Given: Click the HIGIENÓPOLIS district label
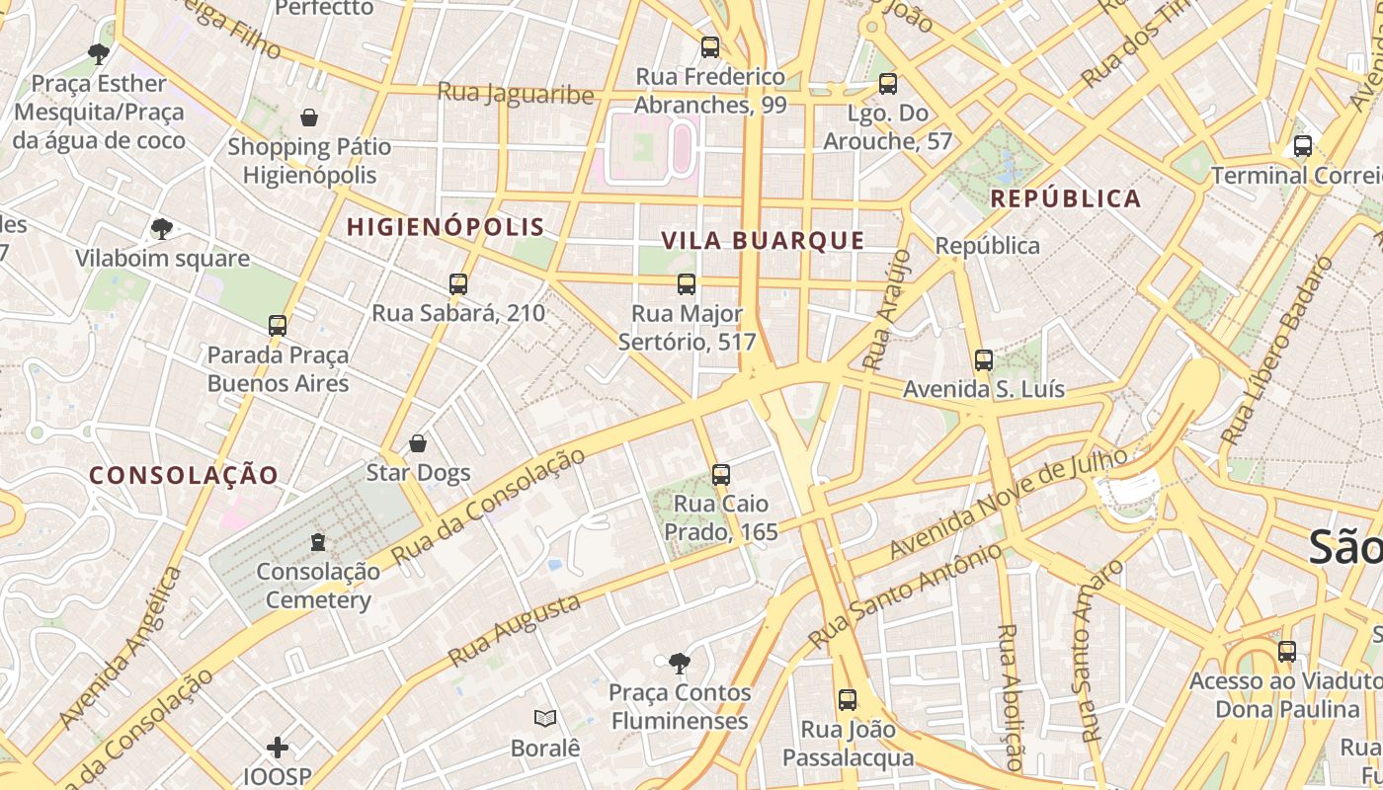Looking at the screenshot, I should (x=445, y=226).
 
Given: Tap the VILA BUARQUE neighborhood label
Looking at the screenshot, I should (x=763, y=241).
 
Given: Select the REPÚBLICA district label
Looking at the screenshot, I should (x=1065, y=198).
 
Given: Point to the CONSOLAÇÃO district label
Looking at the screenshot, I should (x=184, y=475).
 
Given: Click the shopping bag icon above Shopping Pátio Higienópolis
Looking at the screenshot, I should (x=309, y=118).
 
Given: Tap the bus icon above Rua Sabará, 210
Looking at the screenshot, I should (x=457, y=284).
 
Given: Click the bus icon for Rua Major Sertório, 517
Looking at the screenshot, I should (x=687, y=284).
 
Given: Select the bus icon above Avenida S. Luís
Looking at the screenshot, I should (x=983, y=360).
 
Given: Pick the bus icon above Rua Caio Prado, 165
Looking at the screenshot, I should (x=721, y=475).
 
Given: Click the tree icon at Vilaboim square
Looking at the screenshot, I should (x=161, y=230).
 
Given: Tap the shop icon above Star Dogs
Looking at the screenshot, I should (x=418, y=443).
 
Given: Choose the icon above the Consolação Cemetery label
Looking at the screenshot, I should (x=318, y=542).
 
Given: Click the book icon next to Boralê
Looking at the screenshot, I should (x=544, y=719).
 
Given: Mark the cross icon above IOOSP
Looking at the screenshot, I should (x=278, y=748).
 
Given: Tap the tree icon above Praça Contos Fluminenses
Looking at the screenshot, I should (x=679, y=663).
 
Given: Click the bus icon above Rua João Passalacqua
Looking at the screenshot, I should (x=847, y=700).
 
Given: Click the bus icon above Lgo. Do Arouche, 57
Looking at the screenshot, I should (x=888, y=84).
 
